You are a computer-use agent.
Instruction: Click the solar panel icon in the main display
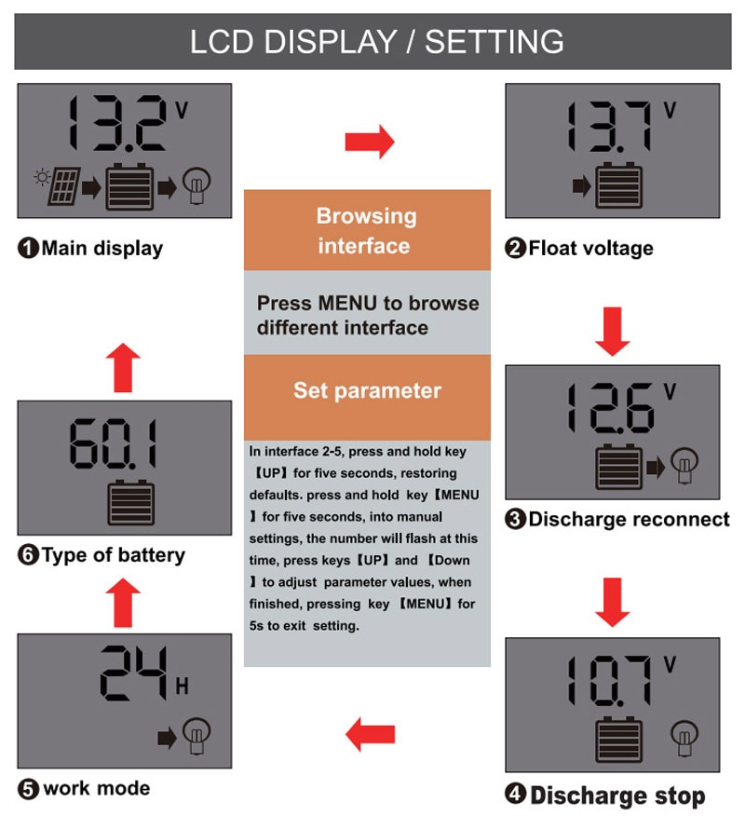(64, 185)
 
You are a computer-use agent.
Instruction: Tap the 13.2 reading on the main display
(117, 123)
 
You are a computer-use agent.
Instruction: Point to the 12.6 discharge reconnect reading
(611, 408)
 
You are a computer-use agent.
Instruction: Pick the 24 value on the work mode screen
(134, 673)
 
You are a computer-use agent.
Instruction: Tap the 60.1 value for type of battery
(114, 443)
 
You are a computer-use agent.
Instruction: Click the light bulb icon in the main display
(196, 185)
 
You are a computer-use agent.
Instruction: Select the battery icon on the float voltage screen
(618, 185)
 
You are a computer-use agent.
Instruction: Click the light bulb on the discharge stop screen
(684, 738)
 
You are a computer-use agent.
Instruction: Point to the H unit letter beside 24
(182, 686)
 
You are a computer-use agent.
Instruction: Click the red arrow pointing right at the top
(370, 142)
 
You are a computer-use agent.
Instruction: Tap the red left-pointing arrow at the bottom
(370, 734)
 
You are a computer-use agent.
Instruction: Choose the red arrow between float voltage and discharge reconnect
(612, 332)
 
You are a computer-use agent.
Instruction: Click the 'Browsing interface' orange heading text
(366, 231)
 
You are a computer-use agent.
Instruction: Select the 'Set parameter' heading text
(367, 390)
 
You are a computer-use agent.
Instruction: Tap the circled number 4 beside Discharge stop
(515, 794)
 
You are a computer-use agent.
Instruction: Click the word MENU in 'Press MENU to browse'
(347, 304)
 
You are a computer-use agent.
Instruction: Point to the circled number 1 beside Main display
(28, 248)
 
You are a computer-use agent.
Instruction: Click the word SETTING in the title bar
(494, 42)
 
